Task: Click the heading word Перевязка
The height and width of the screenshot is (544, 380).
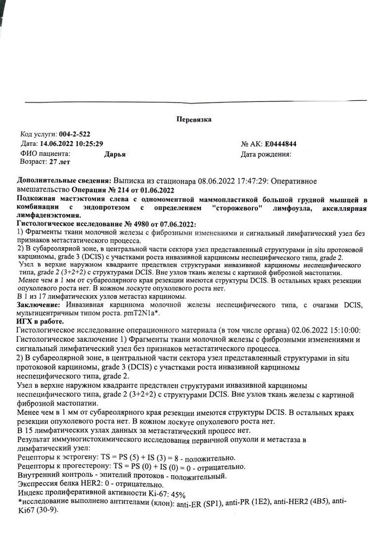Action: [194, 119]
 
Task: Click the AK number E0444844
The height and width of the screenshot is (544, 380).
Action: [281, 144]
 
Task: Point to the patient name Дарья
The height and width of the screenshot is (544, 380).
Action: [115, 153]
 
